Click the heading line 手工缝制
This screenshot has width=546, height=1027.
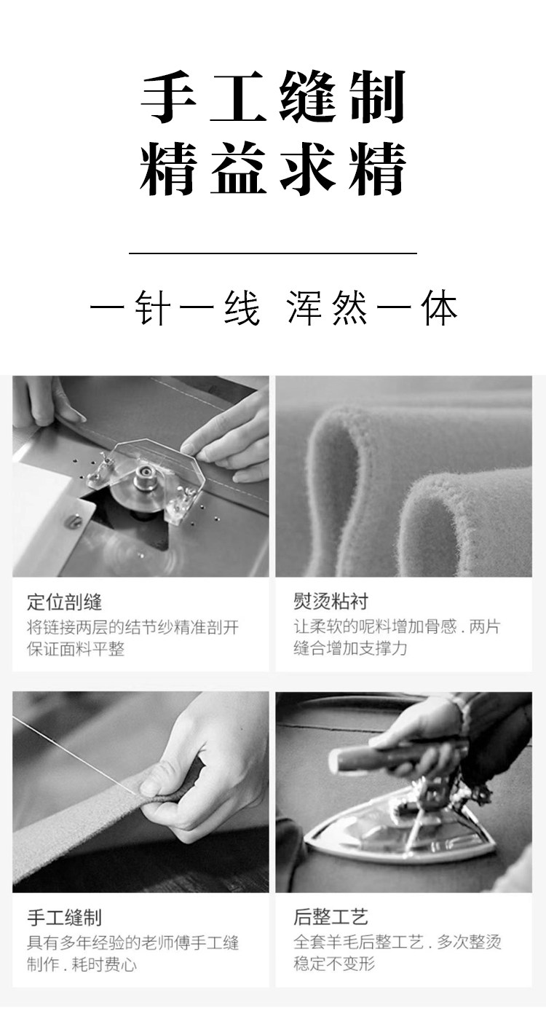pyautogui.click(x=273, y=98)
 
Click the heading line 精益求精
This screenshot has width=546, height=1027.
pyautogui.click(x=273, y=169)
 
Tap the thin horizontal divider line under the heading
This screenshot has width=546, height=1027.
pyautogui.click(x=273, y=253)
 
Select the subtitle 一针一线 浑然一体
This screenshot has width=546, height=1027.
pyautogui.click(x=274, y=308)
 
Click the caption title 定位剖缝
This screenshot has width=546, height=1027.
pyautogui.click(x=65, y=602)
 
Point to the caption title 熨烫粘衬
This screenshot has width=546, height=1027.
pyautogui.click(x=331, y=602)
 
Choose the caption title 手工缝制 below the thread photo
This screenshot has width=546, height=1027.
pyautogui.click(x=65, y=918)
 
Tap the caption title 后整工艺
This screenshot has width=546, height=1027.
pyautogui.click(x=331, y=918)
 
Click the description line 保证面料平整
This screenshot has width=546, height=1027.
pyautogui.click(x=76, y=649)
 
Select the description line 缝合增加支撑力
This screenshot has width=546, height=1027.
pyautogui.click(x=350, y=648)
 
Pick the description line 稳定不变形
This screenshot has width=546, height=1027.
pyautogui.click(x=334, y=964)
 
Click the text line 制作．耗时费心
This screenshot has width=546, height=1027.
pyautogui.click(x=82, y=964)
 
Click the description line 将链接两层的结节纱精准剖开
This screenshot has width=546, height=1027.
pyautogui.click(x=133, y=626)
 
